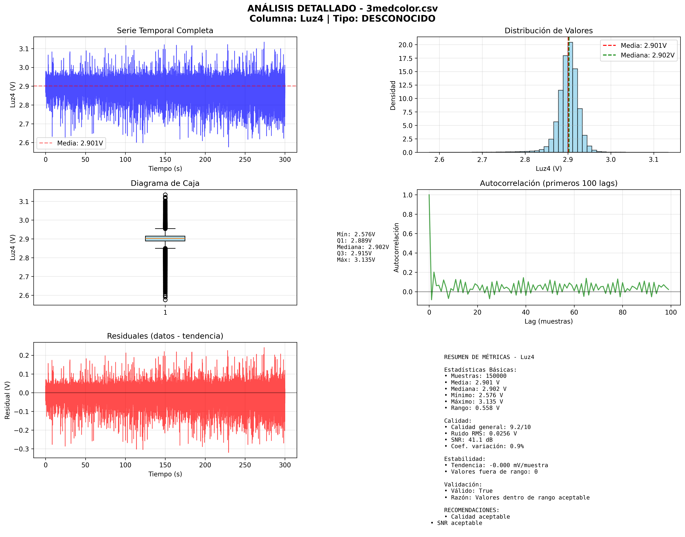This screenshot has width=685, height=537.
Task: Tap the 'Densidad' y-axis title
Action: [x=393, y=95]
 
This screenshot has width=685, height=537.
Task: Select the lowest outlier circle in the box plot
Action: [x=165, y=300]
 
